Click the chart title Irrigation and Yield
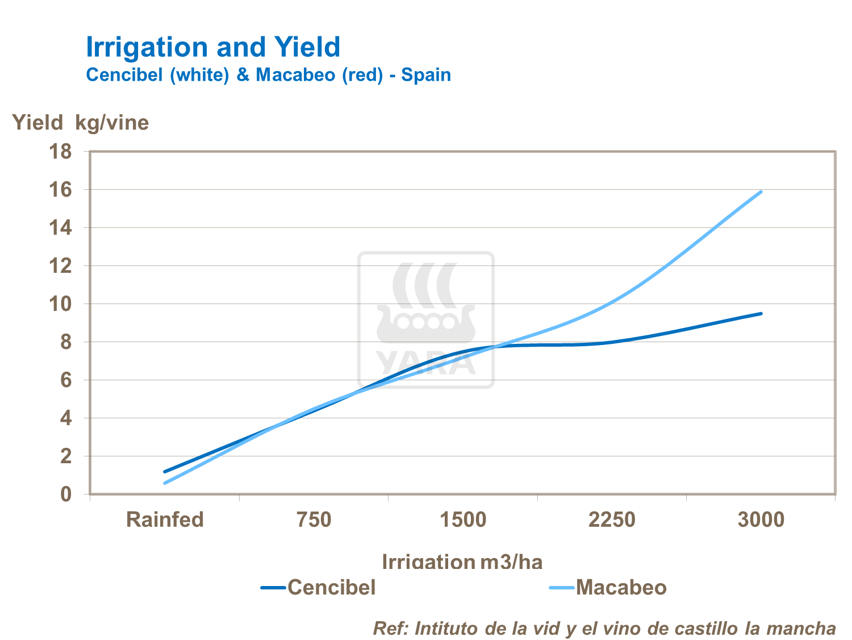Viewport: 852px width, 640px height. [x=213, y=47]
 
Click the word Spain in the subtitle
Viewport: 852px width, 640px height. [x=426, y=75]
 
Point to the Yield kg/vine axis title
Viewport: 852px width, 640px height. [x=81, y=122]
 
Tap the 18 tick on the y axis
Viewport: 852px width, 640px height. [x=61, y=152]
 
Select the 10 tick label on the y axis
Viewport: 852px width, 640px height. [x=61, y=304]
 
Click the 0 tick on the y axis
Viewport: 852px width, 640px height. [x=66, y=494]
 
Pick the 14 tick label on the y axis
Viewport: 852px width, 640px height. [x=61, y=228]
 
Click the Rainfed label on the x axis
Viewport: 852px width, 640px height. [x=165, y=520]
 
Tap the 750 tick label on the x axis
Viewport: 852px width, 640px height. [x=314, y=520]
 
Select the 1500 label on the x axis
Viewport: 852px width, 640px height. [x=463, y=520]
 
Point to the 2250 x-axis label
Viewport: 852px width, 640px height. [x=612, y=520]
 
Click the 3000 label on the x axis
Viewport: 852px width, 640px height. [x=761, y=520]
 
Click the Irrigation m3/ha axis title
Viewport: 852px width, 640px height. [x=462, y=562]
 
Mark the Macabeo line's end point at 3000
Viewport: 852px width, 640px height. [x=761, y=192]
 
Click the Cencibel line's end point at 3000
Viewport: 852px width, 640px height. [x=761, y=313]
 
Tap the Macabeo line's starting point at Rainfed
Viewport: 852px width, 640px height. [x=165, y=483]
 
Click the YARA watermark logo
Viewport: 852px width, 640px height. [x=426, y=320]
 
